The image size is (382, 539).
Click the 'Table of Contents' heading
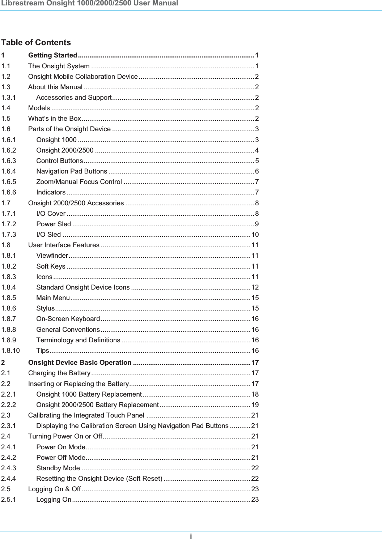[x=36, y=43]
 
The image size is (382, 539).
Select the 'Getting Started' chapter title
[x=53, y=55]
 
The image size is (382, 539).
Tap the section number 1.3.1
[x=9, y=98]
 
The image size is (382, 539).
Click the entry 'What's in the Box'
[x=55, y=119]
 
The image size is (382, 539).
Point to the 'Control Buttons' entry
[x=60, y=161]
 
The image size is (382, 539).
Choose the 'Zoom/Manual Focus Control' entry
[x=79, y=182]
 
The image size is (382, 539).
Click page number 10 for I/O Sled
[x=255, y=235]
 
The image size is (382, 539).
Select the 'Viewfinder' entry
[x=52, y=256]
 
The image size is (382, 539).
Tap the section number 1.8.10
[x=10, y=351]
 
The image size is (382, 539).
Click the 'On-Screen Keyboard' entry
[x=68, y=319]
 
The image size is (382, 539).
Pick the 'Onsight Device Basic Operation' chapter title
[x=80, y=363]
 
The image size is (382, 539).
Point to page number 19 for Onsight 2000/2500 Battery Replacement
[x=255, y=405]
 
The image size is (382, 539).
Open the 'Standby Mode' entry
[x=58, y=468]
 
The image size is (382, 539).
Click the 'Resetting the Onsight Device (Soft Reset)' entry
[x=99, y=479]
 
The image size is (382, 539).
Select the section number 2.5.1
[x=9, y=500]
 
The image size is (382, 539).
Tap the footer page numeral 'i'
[x=191, y=536]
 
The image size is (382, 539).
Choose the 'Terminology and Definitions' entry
[x=78, y=340]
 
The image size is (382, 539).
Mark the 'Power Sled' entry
[x=54, y=224]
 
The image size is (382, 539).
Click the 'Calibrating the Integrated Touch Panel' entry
[x=86, y=415]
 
